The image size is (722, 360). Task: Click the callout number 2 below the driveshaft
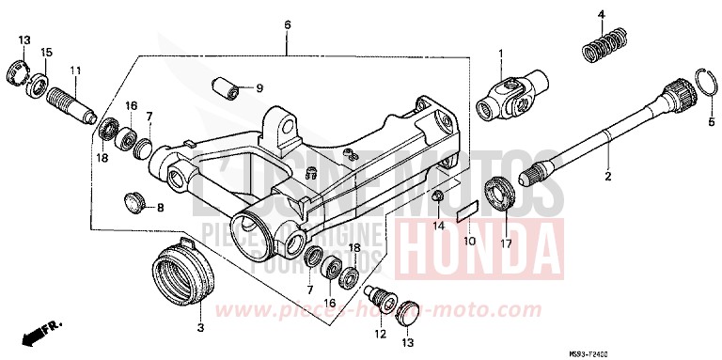(607, 175)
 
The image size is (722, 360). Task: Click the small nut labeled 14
(437, 197)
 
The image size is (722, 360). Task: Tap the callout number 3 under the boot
(200, 328)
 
